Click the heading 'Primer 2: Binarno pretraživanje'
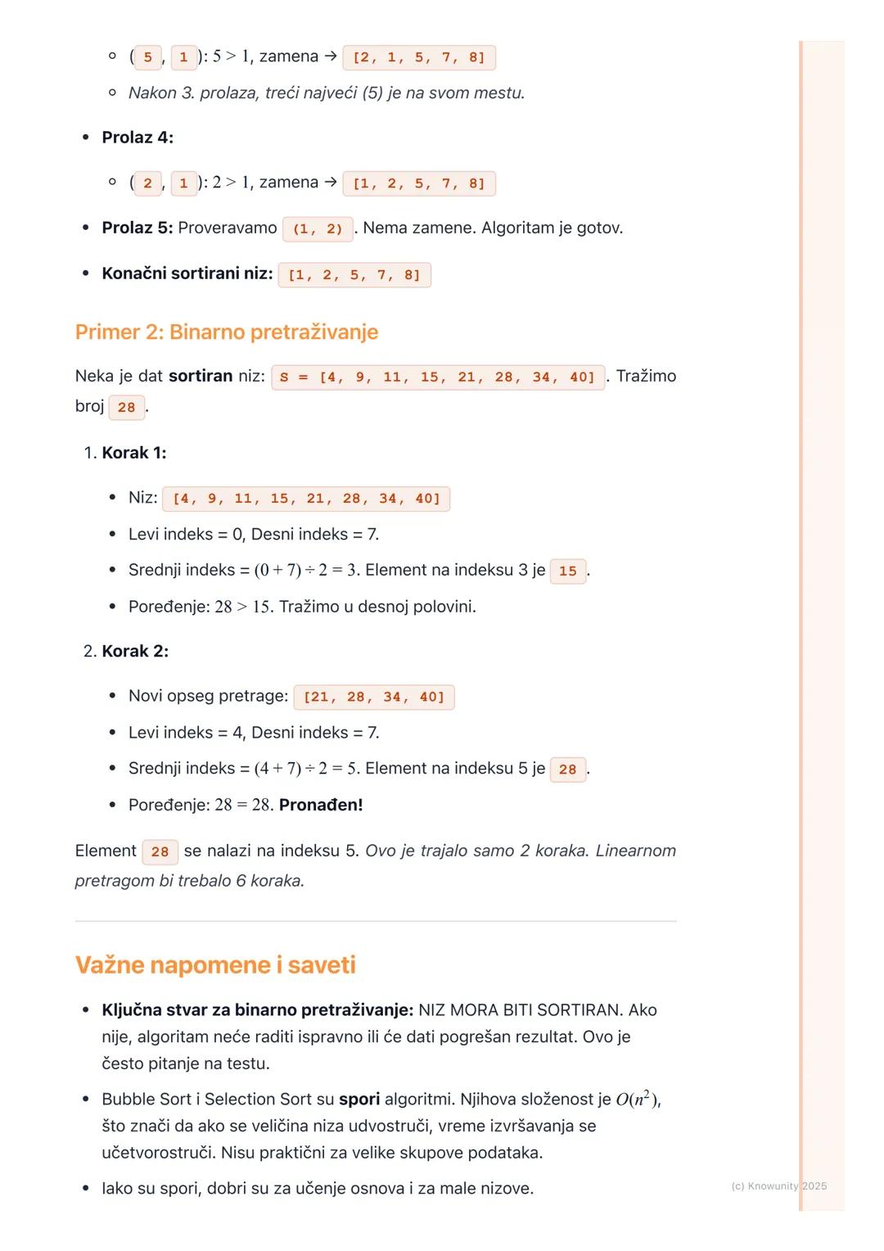pos(226,332)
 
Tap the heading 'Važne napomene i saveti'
pos(215,964)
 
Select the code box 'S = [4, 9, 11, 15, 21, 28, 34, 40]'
pos(438,377)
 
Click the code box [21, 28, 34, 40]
pos(373,698)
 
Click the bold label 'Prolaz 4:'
pos(138,138)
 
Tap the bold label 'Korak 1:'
pos(134,453)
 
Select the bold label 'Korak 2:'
pos(135,651)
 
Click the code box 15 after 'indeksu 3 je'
pos(568,571)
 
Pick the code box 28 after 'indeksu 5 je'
pos(568,770)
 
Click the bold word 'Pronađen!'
pos(321,805)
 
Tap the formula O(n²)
pos(638,1100)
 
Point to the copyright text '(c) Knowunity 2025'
pos(778,1186)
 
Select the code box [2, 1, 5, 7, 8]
pos(418,57)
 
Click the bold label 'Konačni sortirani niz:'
pos(187,273)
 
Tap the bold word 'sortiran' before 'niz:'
pos(201,377)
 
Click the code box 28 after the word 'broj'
pos(127,408)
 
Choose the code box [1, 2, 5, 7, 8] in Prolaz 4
pos(418,183)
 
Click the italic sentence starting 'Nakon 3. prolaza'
pos(326,93)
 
